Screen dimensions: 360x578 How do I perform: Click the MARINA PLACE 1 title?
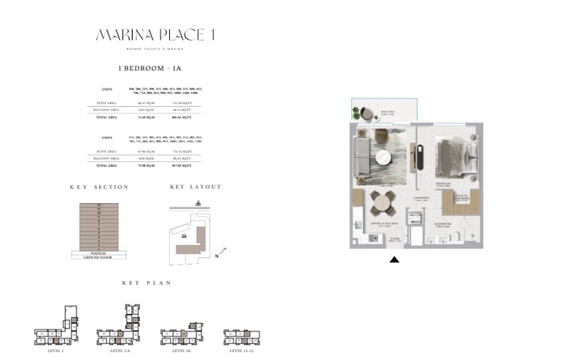(x=155, y=35)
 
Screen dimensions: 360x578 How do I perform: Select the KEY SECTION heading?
(x=99, y=187)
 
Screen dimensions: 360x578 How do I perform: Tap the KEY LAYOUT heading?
(x=195, y=187)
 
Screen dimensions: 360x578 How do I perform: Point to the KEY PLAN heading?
(x=146, y=283)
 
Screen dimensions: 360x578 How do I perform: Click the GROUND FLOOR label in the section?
(x=98, y=257)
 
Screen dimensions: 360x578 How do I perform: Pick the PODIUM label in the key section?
(x=98, y=253)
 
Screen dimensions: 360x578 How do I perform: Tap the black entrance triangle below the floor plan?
(x=394, y=260)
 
